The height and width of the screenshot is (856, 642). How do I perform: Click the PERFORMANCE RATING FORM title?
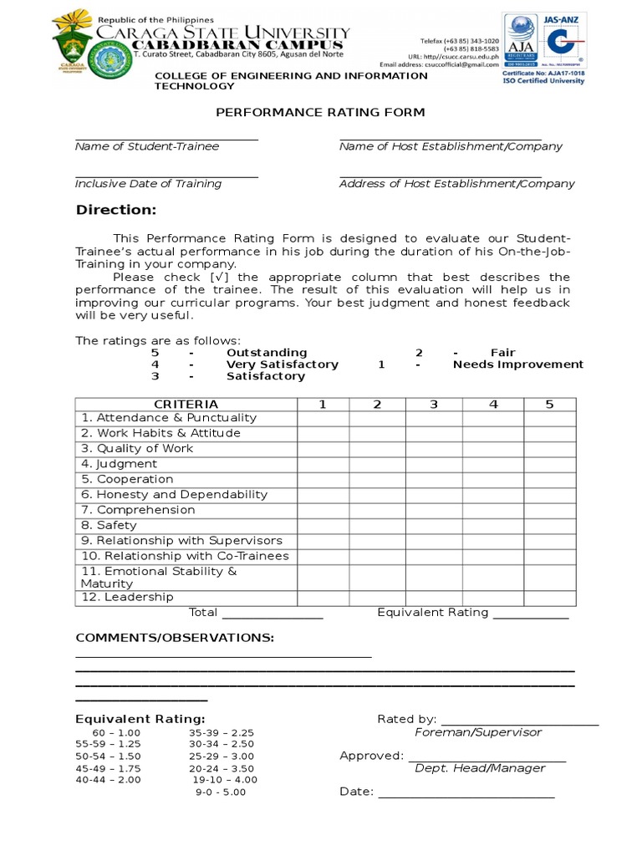[x=320, y=112]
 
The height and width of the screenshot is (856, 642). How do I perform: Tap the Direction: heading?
[x=116, y=209]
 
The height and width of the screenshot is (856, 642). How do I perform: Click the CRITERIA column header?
[x=186, y=405]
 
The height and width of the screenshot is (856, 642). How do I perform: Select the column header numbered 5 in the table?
[x=549, y=405]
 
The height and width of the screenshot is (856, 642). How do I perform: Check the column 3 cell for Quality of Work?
[x=434, y=449]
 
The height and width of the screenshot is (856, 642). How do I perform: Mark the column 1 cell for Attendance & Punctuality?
[x=322, y=418]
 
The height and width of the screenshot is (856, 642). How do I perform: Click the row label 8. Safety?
[x=109, y=526]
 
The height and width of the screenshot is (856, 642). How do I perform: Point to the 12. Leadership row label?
[x=127, y=597]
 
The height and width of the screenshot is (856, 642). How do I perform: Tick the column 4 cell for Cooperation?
[x=493, y=480]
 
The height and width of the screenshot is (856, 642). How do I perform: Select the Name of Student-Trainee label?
[x=147, y=146]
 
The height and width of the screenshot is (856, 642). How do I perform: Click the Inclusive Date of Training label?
[x=148, y=184]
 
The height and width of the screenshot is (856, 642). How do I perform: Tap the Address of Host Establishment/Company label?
[x=456, y=184]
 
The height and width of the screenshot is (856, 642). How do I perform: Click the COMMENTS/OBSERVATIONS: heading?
[x=175, y=639]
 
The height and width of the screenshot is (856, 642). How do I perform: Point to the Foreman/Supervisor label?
[x=478, y=732]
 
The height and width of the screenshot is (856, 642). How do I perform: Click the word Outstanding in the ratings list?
[x=267, y=353]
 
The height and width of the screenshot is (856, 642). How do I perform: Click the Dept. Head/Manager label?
[x=480, y=768]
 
